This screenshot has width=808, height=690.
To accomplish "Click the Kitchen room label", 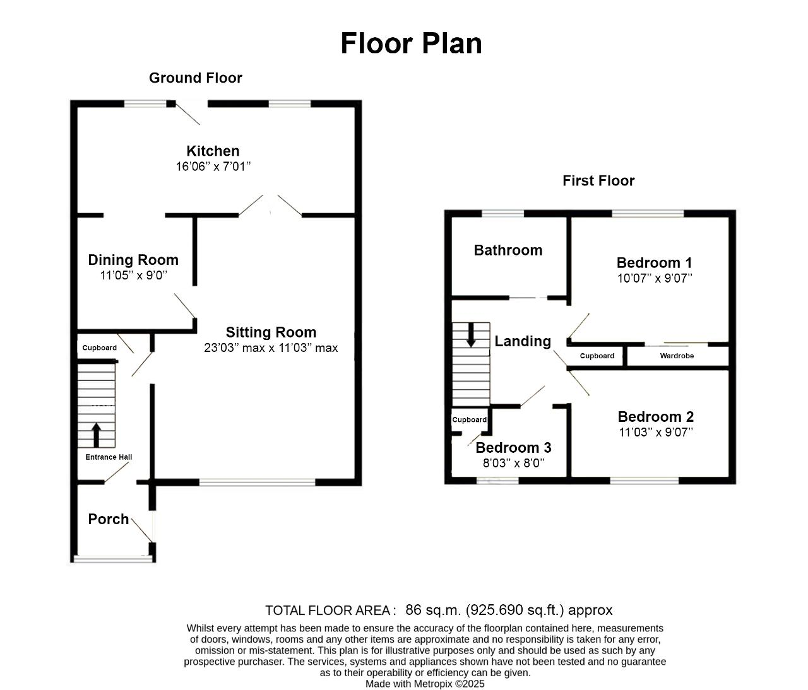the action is click(x=213, y=151).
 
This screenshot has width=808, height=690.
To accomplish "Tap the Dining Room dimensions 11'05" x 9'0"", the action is click(x=134, y=275).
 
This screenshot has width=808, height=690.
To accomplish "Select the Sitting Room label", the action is click(x=271, y=332).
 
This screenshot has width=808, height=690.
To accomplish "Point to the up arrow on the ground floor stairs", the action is click(x=96, y=435).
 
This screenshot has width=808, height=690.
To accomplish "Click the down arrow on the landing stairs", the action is click(x=471, y=335).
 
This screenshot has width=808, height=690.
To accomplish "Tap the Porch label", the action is click(x=109, y=519).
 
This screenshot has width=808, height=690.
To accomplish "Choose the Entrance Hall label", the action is click(x=109, y=457).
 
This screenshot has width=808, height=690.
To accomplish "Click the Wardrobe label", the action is click(x=677, y=356).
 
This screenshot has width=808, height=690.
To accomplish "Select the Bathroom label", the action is click(x=508, y=250).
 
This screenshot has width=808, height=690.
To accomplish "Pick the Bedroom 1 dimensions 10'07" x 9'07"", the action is click(x=655, y=278).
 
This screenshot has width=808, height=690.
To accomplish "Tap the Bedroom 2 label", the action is click(x=655, y=417).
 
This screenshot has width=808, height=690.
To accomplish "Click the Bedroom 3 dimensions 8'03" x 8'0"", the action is click(x=514, y=463).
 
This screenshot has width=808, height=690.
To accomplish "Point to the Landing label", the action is click(x=523, y=341).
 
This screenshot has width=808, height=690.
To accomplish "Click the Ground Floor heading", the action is click(x=196, y=78).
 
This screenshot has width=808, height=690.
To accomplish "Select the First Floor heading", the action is click(x=598, y=181).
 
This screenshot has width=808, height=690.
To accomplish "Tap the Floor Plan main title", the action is click(x=411, y=43).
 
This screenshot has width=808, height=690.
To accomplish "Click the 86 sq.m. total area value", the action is click(x=433, y=610).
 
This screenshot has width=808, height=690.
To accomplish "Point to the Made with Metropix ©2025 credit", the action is click(x=425, y=684).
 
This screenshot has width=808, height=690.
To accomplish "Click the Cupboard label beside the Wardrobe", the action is click(x=597, y=356).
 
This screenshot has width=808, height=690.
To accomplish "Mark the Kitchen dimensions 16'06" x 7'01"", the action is click(x=213, y=167).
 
